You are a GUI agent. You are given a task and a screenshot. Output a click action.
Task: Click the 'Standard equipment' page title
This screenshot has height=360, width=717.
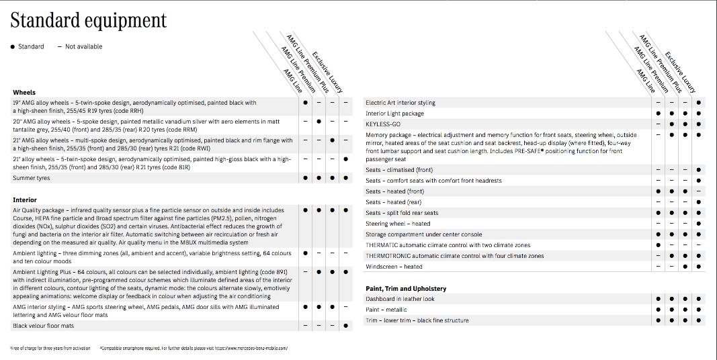88,21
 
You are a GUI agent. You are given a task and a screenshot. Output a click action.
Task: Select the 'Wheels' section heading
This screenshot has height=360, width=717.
24,92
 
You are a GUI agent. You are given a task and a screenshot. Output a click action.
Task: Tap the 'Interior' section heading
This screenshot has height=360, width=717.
25,199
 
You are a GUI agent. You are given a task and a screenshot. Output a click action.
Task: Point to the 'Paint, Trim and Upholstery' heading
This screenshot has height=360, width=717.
406,288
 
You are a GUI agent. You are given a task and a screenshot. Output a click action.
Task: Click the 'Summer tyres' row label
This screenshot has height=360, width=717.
32,178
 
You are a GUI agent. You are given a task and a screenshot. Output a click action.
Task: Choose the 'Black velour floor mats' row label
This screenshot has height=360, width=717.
43,326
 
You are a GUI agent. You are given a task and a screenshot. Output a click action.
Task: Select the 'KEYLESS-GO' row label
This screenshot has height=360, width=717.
383,124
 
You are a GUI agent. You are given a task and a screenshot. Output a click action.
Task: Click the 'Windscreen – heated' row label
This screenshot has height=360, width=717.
394,267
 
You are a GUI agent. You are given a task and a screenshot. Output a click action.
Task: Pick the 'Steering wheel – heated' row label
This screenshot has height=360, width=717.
398,224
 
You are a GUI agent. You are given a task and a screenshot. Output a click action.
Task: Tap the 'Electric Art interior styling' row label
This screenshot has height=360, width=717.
400,103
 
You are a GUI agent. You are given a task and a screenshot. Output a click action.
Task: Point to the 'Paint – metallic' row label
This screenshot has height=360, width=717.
386,310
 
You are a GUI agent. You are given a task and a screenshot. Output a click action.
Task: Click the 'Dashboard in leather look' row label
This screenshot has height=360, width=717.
400,299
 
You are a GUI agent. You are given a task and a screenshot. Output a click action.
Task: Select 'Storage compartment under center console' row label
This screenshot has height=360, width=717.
423,234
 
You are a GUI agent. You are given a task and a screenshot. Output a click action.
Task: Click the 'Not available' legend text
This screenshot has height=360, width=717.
83,46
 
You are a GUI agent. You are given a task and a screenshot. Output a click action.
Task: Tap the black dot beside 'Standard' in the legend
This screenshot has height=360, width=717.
13,46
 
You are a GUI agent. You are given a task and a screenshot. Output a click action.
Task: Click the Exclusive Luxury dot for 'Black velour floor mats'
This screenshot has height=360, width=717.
346,326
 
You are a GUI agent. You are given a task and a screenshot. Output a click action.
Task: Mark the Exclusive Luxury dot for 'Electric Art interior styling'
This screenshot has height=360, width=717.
699,103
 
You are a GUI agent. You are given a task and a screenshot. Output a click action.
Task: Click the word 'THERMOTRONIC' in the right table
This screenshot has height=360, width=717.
387,256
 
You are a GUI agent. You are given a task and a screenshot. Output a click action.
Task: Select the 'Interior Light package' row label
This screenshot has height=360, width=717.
394,114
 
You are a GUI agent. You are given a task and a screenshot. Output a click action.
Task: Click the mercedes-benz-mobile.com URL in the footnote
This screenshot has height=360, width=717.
257,349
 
